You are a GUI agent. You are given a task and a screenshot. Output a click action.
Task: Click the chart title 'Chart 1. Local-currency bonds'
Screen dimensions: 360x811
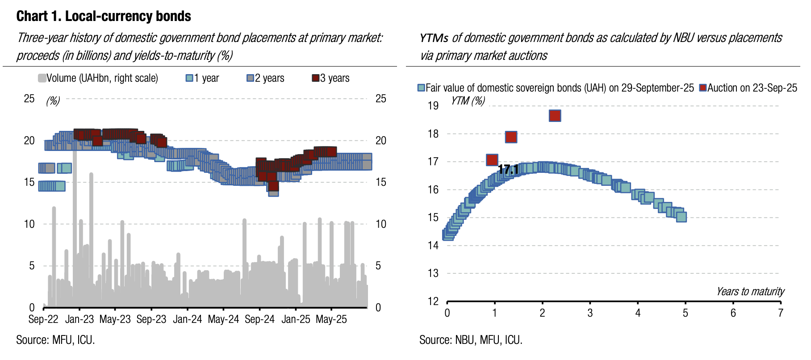pyautogui.click(x=104, y=17)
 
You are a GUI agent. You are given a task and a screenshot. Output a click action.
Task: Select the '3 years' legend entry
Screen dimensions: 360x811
pyautogui.click(x=330, y=78)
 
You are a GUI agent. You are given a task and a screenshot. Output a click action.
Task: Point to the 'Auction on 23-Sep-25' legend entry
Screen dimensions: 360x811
pyautogui.click(x=748, y=88)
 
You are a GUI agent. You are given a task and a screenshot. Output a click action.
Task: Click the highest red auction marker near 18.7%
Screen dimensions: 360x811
pyautogui.click(x=555, y=116)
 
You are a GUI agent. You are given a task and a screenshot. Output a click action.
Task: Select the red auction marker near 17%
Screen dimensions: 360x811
pyautogui.click(x=492, y=160)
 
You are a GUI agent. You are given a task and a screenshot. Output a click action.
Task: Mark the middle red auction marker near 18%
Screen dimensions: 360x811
pyautogui.click(x=511, y=137)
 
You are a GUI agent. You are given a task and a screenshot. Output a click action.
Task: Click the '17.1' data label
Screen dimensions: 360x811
pyautogui.click(x=508, y=170)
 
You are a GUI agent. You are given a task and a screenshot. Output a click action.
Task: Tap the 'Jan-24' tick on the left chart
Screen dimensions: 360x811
pyautogui.click(x=187, y=319)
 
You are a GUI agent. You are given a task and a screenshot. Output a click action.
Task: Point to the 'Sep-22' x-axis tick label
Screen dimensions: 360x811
pyautogui.click(x=43, y=319)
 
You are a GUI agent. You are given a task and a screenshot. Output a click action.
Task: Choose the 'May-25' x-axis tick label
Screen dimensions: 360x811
pyautogui.click(x=331, y=319)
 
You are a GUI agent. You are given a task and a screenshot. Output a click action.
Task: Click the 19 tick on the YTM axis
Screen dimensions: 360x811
pyautogui.click(x=433, y=106)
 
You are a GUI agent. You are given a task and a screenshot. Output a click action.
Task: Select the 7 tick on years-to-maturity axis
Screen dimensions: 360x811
pyautogui.click(x=780, y=313)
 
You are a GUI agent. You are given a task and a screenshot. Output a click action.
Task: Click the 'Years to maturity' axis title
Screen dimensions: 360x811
pyautogui.click(x=750, y=292)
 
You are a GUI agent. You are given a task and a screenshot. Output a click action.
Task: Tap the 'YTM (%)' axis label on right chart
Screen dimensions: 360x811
pyautogui.click(x=468, y=100)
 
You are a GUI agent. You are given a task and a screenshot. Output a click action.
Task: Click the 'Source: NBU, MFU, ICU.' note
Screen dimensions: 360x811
pyautogui.click(x=471, y=340)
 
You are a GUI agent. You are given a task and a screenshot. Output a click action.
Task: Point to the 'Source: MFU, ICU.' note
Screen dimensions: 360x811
pyautogui.click(x=55, y=340)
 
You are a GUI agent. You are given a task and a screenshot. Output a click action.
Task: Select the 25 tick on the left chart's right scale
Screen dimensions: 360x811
pyautogui.click(x=380, y=99)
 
